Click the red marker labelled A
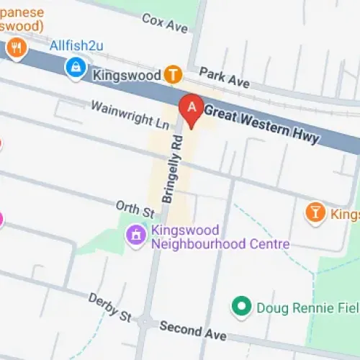[x=192, y=109]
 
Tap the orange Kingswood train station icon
[x=173, y=73]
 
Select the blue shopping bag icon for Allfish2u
[x=73, y=68]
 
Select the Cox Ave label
[x=165, y=22]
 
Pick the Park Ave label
[x=225, y=78]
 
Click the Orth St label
[x=137, y=210]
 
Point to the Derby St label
[x=109, y=307]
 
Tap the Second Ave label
[x=193, y=331]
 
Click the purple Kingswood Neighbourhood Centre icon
[x=135, y=234]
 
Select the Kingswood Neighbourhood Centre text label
[x=220, y=238]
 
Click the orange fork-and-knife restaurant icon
[x=16, y=49]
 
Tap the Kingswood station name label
[x=125, y=73]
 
